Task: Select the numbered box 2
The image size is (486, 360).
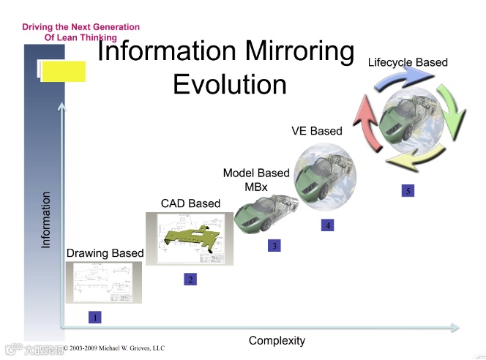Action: pyautogui.click(x=190, y=279)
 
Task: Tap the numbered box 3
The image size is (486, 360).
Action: pyautogui.click(x=274, y=246)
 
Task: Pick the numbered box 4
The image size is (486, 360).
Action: pyautogui.click(x=328, y=225)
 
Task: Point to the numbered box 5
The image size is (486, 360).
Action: pyautogui.click(x=408, y=191)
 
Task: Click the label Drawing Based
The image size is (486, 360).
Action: pyautogui.click(x=105, y=253)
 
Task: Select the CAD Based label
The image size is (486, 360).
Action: pyautogui.click(x=190, y=203)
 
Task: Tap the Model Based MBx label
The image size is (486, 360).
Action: pyautogui.click(x=256, y=179)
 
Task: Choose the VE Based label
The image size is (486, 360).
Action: pyautogui.click(x=317, y=131)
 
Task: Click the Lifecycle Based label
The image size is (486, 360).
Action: pyautogui.click(x=408, y=62)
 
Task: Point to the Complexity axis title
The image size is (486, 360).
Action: pyautogui.click(x=277, y=340)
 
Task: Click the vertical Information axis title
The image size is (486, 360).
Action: pyautogui.click(x=46, y=220)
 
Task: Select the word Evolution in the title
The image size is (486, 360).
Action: pyautogui.click(x=230, y=84)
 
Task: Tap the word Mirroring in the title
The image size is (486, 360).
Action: pyautogui.click(x=296, y=51)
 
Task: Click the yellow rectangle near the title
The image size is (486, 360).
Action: pyautogui.click(x=63, y=71)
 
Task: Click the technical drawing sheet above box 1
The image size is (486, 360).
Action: pyautogui.click(x=103, y=282)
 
